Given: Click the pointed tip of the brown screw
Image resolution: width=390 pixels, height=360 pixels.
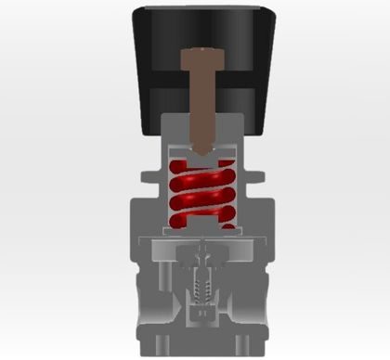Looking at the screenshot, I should point(201,149).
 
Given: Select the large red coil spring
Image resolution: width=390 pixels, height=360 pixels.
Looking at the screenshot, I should point(201,194).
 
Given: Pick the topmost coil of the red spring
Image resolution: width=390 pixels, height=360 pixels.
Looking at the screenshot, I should point(201,170).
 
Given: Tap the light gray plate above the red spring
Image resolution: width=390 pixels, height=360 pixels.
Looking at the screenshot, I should point(201,156).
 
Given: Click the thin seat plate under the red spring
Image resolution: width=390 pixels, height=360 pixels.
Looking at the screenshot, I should point(201,232).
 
